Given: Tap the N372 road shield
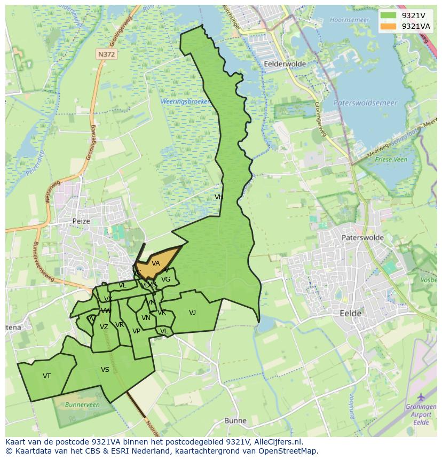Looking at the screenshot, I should [106, 54].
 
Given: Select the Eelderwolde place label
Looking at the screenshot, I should [285, 64].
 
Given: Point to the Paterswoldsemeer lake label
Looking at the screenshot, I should [365, 103].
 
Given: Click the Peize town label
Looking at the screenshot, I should [82, 221].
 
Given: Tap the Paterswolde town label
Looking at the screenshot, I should [362, 238].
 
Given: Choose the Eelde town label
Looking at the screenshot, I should [350, 314].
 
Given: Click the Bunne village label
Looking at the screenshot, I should [235, 420].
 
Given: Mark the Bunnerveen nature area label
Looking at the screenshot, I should [82, 405].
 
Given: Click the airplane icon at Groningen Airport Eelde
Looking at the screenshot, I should [421, 397].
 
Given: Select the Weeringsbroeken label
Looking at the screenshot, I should [186, 102].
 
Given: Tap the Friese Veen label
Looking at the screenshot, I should [391, 159].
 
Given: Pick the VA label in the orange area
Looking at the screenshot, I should [155, 263].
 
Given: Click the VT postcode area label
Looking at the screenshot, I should [46, 376].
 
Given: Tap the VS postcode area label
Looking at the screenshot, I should [105, 370].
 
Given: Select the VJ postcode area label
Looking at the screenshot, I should [192, 313].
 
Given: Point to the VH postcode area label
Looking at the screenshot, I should [218, 197].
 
